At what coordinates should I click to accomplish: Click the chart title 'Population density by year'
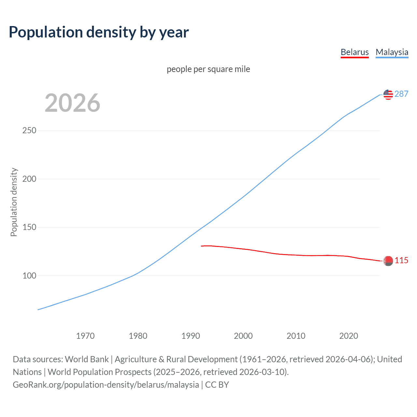(x=99, y=32)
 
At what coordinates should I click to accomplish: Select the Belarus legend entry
(x=354, y=52)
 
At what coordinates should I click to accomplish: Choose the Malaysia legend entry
(x=392, y=52)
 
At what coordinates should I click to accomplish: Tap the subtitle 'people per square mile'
(x=208, y=69)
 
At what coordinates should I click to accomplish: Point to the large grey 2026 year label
(x=72, y=103)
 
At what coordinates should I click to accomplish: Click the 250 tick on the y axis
(x=29, y=131)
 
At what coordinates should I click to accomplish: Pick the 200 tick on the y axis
(x=29, y=179)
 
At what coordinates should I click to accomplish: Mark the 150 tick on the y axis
(x=29, y=227)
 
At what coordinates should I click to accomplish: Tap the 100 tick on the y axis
(x=29, y=276)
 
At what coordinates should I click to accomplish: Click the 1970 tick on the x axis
(x=85, y=336)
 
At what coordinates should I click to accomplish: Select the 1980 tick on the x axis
(x=138, y=336)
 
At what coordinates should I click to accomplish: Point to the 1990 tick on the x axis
(x=191, y=336)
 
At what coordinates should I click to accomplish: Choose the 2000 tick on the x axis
(x=243, y=336)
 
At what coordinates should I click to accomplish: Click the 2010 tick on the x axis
(x=296, y=336)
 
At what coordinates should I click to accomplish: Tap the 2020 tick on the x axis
(x=349, y=336)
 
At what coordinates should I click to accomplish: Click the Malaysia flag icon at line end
(x=388, y=94)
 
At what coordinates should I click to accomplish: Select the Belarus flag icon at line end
(x=388, y=261)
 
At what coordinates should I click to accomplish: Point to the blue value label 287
(x=401, y=94)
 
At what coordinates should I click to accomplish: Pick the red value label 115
(x=401, y=261)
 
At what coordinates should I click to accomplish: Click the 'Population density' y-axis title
(x=14, y=202)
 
